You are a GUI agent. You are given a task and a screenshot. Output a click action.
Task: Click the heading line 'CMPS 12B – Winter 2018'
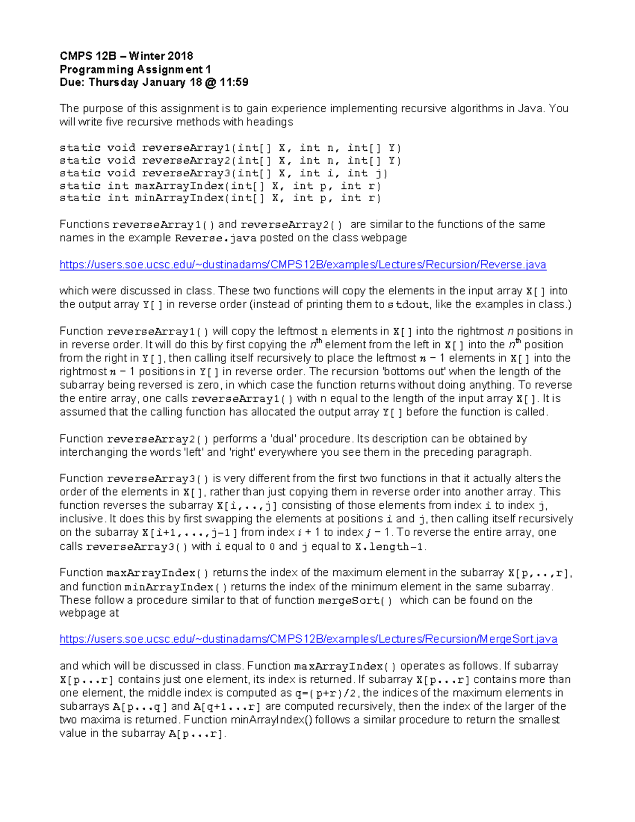point(126,56)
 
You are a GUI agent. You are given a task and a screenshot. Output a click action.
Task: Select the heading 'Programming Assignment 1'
point(135,69)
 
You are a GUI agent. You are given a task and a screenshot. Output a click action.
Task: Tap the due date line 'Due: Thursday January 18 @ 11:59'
point(153,83)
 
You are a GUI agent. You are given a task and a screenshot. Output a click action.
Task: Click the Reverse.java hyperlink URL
point(302,265)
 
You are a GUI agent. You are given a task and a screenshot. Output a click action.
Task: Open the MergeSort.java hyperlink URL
point(308,639)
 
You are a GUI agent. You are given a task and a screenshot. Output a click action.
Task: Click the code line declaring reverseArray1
point(230,148)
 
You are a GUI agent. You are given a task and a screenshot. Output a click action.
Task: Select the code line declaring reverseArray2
point(230,160)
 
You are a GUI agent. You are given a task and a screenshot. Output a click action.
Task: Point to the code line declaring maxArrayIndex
point(220,186)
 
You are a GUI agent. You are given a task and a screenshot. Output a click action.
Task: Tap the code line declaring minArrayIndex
point(220,198)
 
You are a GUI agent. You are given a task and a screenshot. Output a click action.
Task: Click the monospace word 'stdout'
point(409,305)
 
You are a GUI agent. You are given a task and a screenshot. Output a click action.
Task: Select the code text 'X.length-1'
point(389,547)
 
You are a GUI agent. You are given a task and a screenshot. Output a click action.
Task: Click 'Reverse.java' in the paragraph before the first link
point(215,238)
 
